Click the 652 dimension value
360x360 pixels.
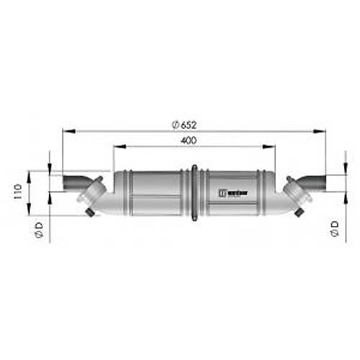tap(189, 125)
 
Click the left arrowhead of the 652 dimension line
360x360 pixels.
tap(66, 132)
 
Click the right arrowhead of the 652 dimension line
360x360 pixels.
tap(320, 132)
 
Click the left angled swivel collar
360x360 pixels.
tap(94, 193)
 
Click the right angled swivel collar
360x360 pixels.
tap(294, 192)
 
